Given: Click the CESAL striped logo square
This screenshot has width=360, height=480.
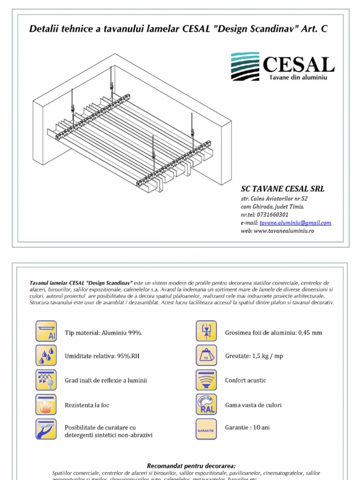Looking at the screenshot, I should pos(245,67).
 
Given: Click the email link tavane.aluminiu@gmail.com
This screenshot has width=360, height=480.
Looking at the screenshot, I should pos(295,223).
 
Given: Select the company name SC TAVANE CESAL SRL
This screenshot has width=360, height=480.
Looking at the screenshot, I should pos(283,189).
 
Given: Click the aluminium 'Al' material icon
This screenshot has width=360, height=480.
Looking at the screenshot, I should pos(46,331).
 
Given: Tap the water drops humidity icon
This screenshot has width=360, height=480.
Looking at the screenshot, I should pos(46,355).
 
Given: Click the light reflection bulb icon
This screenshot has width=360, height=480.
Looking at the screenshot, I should pos(46,380).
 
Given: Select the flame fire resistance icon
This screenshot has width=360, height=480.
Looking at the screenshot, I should pos(46,404).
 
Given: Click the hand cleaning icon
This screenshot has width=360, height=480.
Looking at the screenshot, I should pos(46,429).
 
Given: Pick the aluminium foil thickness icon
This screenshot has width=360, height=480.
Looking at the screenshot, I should pos(206,331).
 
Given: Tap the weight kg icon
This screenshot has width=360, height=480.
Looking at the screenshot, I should pos(206,355).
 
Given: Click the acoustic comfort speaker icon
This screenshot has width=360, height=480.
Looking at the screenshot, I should pos(206,380).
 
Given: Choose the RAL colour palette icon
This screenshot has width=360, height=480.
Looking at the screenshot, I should pos(206,404).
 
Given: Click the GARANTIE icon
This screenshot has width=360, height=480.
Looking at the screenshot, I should pos(206,429).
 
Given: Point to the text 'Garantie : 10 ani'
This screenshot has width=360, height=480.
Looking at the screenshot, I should pos(247,427).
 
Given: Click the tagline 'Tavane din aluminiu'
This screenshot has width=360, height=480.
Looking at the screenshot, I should pos(298,77).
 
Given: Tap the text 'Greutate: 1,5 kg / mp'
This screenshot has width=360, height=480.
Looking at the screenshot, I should pos(254,356).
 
